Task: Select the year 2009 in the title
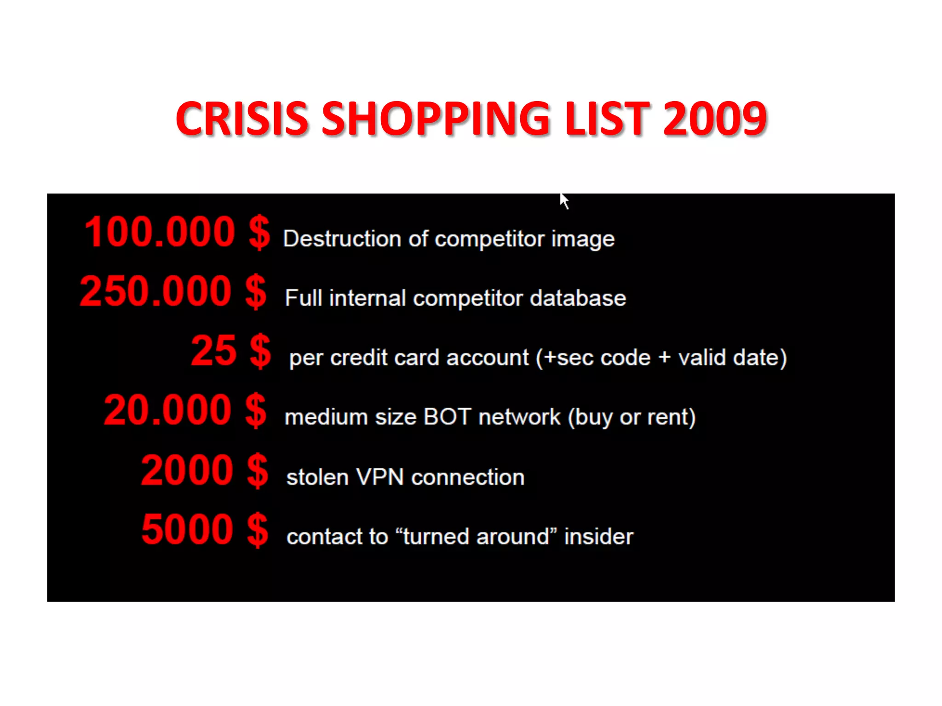coord(715,119)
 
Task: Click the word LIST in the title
coord(607,119)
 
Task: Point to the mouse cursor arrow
coord(564,200)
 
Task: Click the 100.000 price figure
coord(160,232)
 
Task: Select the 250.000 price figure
coord(155,291)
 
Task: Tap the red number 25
coord(214,351)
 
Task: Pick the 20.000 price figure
coord(167,410)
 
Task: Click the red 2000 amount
coord(187,470)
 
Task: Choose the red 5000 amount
coord(187,529)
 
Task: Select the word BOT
coord(447,417)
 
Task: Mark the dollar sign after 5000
coord(258,530)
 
